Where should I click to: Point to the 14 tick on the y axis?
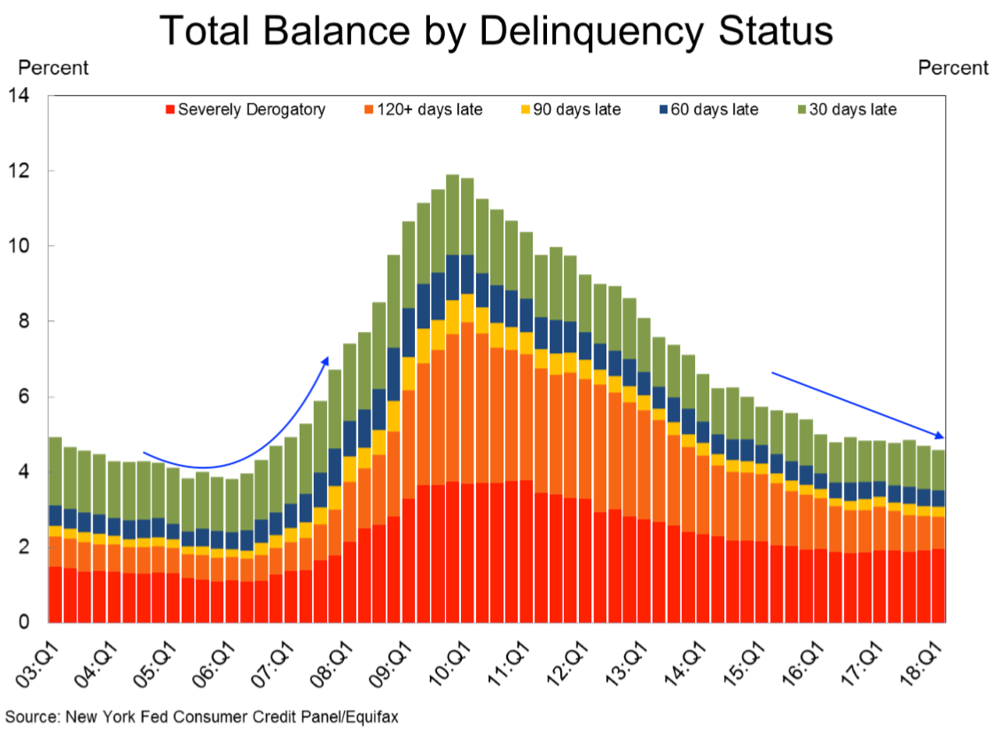(20, 95)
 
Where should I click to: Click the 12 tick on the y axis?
(20, 170)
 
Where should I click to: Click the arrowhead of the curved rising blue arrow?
(325, 360)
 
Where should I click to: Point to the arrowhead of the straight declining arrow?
(940, 435)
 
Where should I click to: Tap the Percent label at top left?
(53, 67)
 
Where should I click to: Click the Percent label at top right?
(953, 67)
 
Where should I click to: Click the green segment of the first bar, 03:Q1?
(55, 470)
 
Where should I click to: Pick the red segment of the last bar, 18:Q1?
(936, 586)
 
